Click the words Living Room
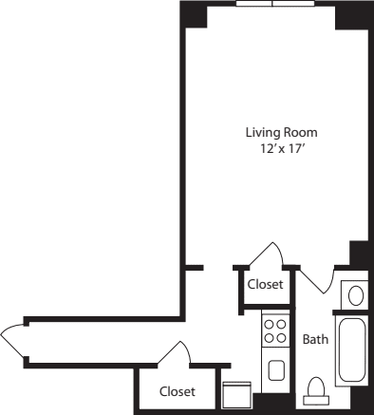(280, 132)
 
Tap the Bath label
(315, 339)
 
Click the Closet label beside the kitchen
(265, 283)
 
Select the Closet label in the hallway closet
(177, 391)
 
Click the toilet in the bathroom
(316, 391)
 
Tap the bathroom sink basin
(355, 295)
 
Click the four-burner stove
(275, 331)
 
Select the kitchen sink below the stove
(276, 369)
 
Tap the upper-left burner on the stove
(270, 325)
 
